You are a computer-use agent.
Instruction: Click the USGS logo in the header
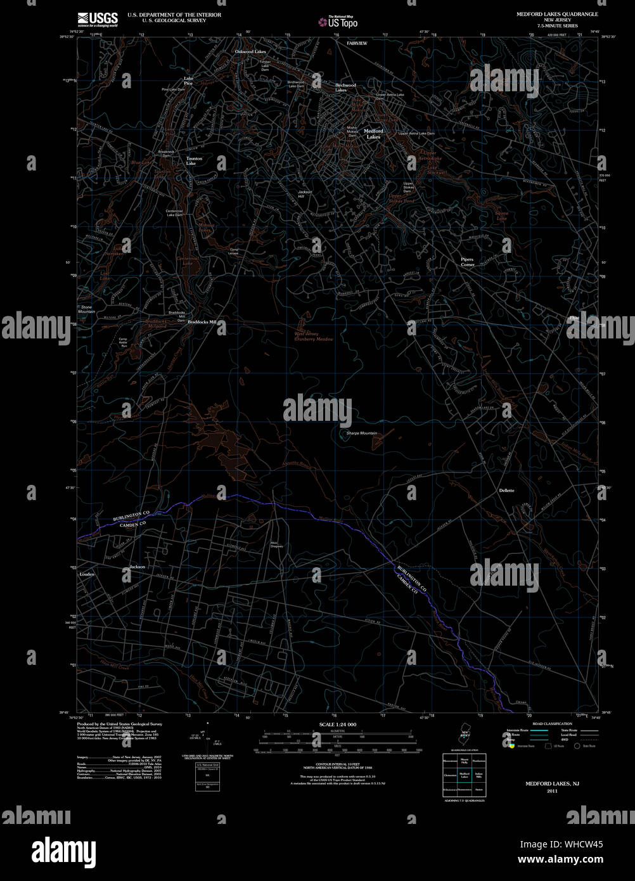(97, 19)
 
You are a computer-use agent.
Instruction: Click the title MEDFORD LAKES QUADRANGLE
(557, 13)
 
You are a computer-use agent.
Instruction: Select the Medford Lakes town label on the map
(373, 134)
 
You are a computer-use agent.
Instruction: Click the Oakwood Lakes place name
(250, 51)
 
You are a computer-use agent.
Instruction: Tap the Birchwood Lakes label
(345, 87)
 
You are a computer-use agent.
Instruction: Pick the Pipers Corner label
(467, 262)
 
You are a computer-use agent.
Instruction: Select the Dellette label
(506, 491)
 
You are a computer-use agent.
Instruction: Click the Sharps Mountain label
(362, 434)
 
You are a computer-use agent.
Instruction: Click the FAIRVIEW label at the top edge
(357, 42)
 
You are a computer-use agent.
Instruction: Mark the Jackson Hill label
(305, 195)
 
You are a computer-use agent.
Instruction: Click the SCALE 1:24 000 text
(338, 724)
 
